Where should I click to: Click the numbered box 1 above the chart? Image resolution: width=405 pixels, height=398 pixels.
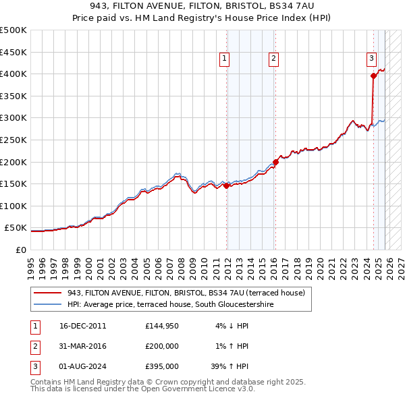(x=224, y=59)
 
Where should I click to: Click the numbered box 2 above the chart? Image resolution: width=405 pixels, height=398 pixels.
(x=273, y=59)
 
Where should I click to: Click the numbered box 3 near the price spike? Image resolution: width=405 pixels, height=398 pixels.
(x=371, y=59)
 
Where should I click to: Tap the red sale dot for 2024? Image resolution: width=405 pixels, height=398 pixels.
(x=374, y=76)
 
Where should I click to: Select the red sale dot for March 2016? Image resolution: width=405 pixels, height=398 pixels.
(x=275, y=162)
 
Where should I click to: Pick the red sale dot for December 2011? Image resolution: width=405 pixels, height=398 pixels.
(x=227, y=186)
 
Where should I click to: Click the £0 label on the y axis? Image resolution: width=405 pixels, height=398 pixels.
(x=20, y=250)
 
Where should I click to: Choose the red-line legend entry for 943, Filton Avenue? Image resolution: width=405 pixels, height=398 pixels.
(x=186, y=293)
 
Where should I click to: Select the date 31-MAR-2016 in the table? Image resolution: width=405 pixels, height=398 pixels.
(x=82, y=346)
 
